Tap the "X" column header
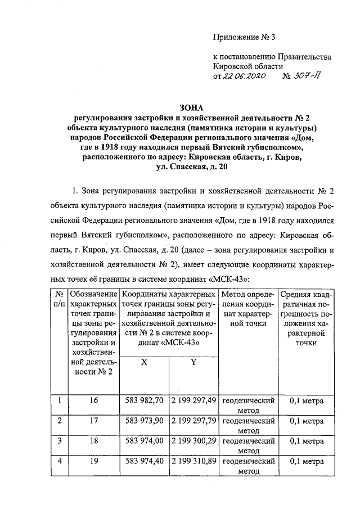[x=145, y=363]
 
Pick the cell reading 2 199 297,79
[x=193, y=421]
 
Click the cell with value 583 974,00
[x=145, y=442]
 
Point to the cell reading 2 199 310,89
[x=193, y=462]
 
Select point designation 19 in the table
[x=93, y=462]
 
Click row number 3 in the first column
[x=58, y=442]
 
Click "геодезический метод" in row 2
[x=248, y=425]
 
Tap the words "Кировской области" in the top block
[x=246, y=66]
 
